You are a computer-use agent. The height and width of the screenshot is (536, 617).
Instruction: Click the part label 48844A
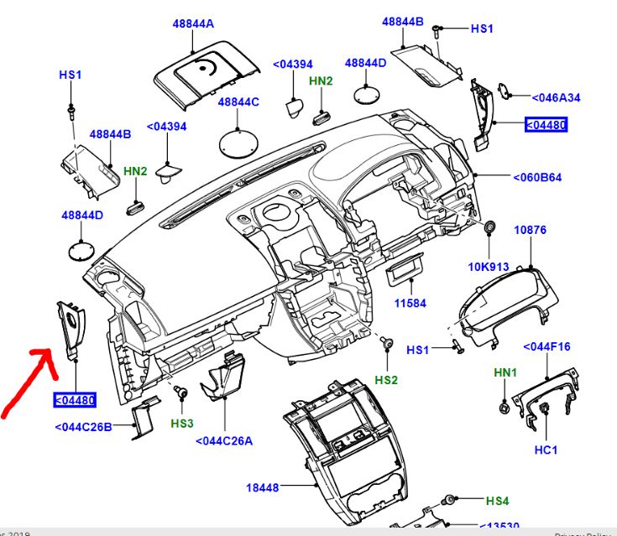[x=192, y=24]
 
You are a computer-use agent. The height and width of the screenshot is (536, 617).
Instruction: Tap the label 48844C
[x=238, y=102]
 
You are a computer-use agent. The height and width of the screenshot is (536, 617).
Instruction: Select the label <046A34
[x=557, y=98]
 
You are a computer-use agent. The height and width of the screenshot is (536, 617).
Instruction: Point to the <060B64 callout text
[x=537, y=177]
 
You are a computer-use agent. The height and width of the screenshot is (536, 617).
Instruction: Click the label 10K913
[x=489, y=268]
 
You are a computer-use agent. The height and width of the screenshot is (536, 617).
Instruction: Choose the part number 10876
[x=531, y=229]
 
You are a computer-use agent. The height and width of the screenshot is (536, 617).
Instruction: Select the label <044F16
[x=546, y=346]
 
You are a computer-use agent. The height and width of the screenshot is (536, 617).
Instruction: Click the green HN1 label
[x=505, y=372]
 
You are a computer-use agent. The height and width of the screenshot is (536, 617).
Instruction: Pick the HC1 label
[x=546, y=450]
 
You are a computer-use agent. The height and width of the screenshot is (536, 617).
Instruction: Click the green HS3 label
[x=182, y=424]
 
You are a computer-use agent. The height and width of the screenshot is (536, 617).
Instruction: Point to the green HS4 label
[x=498, y=502]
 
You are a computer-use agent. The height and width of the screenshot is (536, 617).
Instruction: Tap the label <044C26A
[x=224, y=441]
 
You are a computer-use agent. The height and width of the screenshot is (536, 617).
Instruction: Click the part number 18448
[x=262, y=487]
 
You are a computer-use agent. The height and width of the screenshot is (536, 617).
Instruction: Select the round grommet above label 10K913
[x=489, y=228]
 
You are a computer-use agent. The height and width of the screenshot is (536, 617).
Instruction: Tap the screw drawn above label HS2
[x=388, y=343]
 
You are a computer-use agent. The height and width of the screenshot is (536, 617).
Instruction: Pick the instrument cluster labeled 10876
[x=505, y=306]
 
